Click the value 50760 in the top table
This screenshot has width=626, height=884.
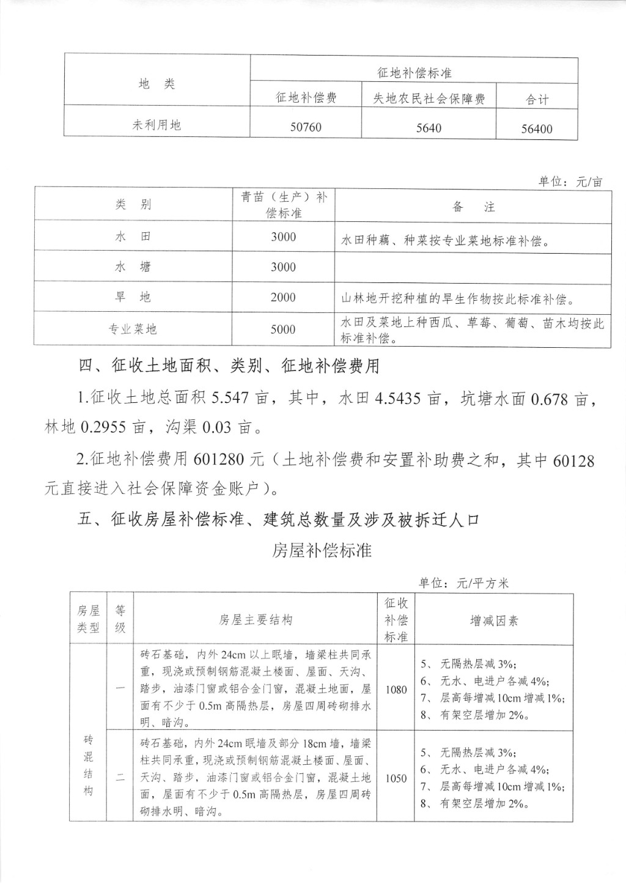(x=306, y=128)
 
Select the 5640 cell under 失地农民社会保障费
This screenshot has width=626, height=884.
(x=428, y=128)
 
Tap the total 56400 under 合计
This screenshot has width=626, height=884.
(x=536, y=129)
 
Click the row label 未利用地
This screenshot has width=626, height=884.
(x=157, y=125)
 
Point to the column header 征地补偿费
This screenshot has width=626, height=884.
(x=306, y=98)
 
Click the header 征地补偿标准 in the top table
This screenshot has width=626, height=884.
(x=414, y=73)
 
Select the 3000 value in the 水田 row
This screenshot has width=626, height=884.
(x=283, y=237)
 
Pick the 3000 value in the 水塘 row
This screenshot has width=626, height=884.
(x=283, y=267)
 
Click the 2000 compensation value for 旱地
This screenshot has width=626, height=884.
(x=283, y=298)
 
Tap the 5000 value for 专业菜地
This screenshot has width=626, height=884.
(x=283, y=330)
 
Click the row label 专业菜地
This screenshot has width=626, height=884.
(x=133, y=330)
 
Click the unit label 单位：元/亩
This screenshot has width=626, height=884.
(x=570, y=182)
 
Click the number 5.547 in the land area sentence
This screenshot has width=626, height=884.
(x=229, y=399)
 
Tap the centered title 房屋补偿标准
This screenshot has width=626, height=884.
(x=322, y=550)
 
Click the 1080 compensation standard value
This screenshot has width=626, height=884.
(x=396, y=690)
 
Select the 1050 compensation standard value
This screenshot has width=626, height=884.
(x=396, y=778)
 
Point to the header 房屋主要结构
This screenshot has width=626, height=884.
(x=256, y=620)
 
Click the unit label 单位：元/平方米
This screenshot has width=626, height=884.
(x=463, y=583)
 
